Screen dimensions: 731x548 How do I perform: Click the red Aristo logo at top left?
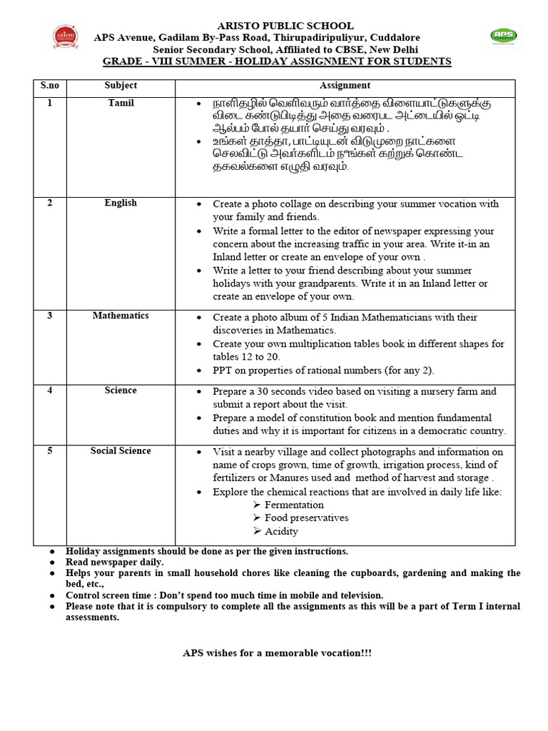point(66,36)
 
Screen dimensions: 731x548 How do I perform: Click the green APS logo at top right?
point(504,36)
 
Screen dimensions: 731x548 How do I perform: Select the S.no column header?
point(50,86)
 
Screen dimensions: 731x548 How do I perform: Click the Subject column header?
point(121,86)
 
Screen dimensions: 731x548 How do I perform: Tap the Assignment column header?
point(345,86)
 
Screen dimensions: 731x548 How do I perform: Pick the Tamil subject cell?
point(121,103)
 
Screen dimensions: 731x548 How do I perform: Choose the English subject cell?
point(121,203)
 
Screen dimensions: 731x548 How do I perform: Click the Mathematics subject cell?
point(121,316)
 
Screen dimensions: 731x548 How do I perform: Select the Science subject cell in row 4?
point(121,390)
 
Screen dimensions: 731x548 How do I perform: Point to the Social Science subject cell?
point(121,450)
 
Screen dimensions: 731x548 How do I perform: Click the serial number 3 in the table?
point(50,316)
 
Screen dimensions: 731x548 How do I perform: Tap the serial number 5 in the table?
point(50,450)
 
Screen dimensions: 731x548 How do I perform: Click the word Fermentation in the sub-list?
point(294,505)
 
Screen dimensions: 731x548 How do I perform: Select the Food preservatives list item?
point(306,518)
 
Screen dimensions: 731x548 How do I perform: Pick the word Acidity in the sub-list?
point(281,531)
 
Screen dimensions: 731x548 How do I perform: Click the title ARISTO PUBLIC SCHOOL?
point(276,26)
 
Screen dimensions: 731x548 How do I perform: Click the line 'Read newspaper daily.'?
point(115,563)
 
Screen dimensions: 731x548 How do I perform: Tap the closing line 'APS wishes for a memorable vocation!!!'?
point(277,653)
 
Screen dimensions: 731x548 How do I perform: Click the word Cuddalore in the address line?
point(395,37)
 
